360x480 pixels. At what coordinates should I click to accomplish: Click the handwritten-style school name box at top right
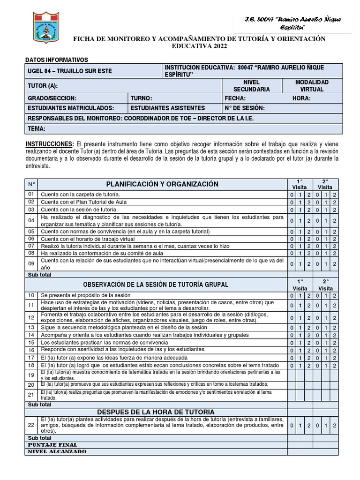293,23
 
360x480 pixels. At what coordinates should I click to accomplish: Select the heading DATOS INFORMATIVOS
56,60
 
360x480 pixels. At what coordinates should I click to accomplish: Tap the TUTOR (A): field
43,86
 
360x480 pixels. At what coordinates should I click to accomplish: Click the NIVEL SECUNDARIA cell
251,85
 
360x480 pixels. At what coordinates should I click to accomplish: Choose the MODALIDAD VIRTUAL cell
312,85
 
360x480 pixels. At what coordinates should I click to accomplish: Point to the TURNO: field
142,98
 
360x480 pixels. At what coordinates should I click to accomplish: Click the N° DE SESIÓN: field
245,108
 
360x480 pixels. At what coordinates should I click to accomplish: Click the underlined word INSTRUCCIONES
49,143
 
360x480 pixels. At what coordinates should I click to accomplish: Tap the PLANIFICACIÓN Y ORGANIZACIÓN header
156,184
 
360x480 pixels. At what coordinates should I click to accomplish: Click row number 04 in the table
31,220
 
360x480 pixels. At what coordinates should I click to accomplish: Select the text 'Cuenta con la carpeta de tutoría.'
80,194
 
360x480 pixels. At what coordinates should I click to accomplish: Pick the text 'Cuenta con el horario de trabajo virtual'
94,239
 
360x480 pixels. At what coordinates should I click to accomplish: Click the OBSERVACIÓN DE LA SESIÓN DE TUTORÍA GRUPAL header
156,285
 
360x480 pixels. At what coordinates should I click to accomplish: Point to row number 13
31,327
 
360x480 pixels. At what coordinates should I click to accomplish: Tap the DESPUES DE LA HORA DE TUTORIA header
156,412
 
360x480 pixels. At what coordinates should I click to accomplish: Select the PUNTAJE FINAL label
52,444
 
